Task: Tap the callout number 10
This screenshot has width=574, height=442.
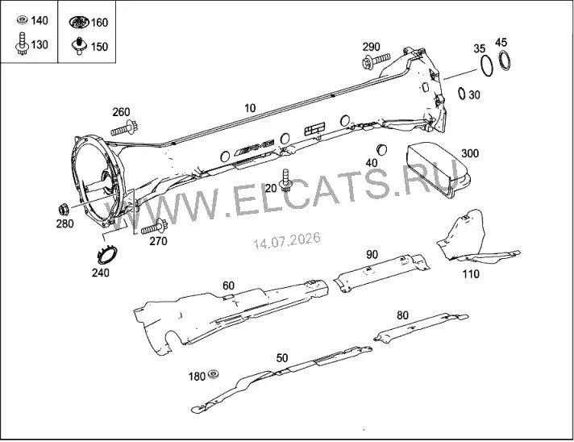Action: pyautogui.click(x=250, y=108)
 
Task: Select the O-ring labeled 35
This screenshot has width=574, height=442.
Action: pyautogui.click(x=486, y=66)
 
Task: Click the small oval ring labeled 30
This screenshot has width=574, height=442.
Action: pyautogui.click(x=462, y=93)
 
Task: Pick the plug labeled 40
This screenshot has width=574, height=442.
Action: pyautogui.click(x=382, y=149)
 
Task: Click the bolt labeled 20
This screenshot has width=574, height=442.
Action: pyautogui.click(x=285, y=180)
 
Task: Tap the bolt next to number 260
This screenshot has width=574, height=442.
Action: pyautogui.click(x=124, y=129)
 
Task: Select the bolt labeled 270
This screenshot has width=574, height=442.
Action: pyautogui.click(x=154, y=227)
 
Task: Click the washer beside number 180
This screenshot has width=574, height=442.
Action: pyautogui.click(x=213, y=374)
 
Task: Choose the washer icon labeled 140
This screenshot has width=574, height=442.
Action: pyautogui.click(x=23, y=20)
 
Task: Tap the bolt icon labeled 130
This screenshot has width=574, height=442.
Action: pyautogui.click(x=22, y=44)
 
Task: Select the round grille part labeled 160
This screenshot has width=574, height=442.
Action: pyautogui.click(x=79, y=22)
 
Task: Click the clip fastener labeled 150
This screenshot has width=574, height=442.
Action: pyautogui.click(x=79, y=45)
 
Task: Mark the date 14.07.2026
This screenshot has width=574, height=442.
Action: pyautogui.click(x=287, y=240)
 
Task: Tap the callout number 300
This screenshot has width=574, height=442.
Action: pyautogui.click(x=470, y=153)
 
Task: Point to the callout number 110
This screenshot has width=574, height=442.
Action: pyautogui.click(x=471, y=273)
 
